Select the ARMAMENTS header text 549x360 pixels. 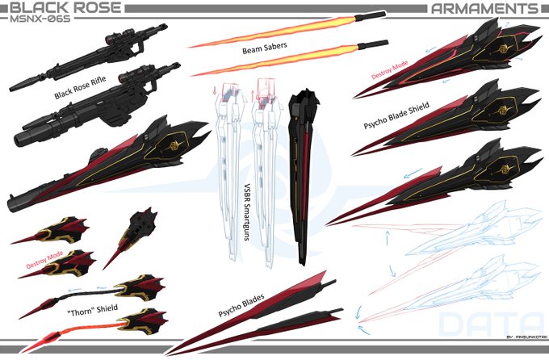tap(484, 9)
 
